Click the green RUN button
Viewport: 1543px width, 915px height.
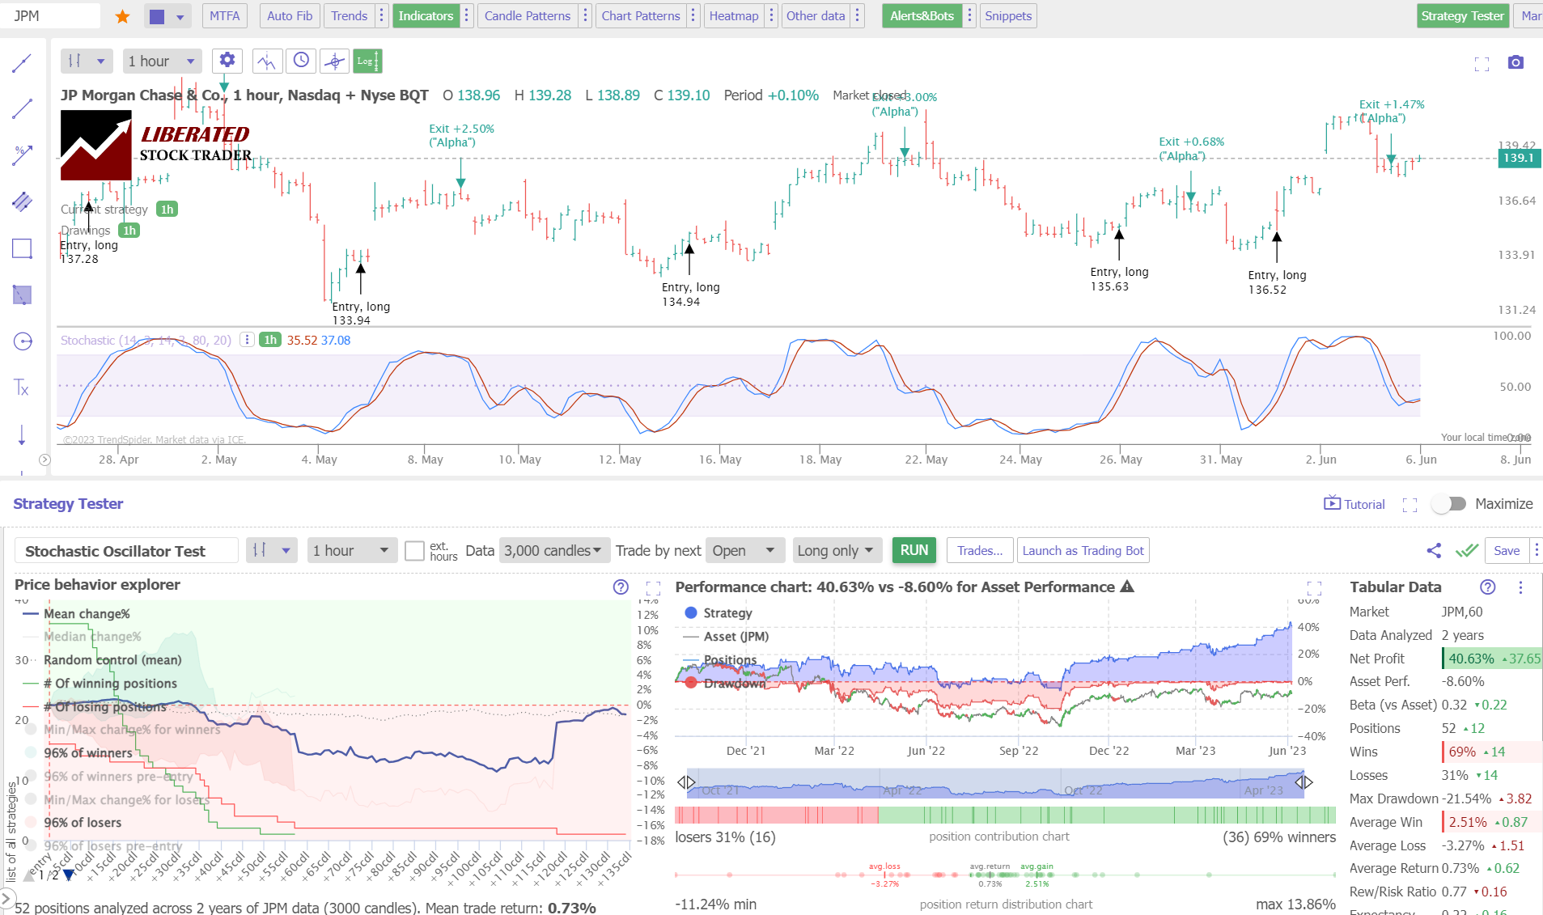(914, 550)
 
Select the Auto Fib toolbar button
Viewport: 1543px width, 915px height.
(289, 16)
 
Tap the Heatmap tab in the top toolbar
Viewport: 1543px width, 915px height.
(733, 16)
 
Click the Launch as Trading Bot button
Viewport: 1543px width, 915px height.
(1083, 551)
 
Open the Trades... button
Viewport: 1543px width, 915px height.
(979, 551)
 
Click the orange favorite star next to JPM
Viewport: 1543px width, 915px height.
(122, 16)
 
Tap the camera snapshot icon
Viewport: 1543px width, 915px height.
(1515, 62)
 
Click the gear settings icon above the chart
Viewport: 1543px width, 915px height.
(227, 60)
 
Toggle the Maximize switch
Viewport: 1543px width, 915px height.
(1449, 504)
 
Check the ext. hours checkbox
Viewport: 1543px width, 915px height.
(414, 551)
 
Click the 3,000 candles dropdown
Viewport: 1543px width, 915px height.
(553, 551)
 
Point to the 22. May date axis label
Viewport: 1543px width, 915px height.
(926, 460)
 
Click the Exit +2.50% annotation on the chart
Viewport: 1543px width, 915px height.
(461, 129)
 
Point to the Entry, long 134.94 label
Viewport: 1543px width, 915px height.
(690, 294)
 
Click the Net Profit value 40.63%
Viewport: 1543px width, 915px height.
(1471, 659)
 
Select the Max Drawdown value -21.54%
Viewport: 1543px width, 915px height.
(1468, 799)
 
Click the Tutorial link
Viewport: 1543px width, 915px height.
(1354, 504)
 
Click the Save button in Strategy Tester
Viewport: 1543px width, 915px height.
(1506, 551)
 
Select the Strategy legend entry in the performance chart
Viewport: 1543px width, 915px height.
(727, 613)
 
